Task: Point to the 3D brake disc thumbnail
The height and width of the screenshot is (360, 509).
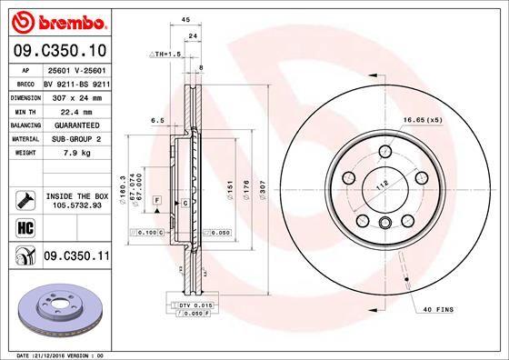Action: click(x=62, y=306)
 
